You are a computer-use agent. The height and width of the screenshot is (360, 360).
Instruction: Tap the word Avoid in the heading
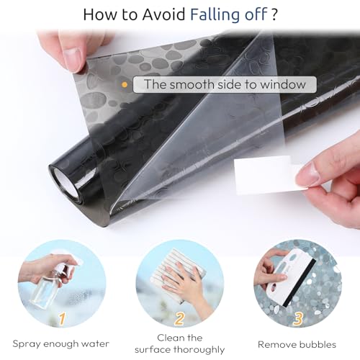163,14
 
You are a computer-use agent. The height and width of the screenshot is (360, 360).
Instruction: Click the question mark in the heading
274,14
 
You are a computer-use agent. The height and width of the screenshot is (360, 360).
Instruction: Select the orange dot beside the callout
125,84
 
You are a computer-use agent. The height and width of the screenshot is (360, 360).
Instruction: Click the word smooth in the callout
189,84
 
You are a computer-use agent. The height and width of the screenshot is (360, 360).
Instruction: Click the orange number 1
62,318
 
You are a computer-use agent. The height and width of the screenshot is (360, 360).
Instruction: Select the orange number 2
179,318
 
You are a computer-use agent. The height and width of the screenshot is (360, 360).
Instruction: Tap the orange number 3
297,319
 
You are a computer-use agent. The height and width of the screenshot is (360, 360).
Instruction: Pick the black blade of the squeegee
299,284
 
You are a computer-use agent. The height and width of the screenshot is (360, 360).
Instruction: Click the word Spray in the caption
26,344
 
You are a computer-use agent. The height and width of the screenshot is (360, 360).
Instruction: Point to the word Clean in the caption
169,338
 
